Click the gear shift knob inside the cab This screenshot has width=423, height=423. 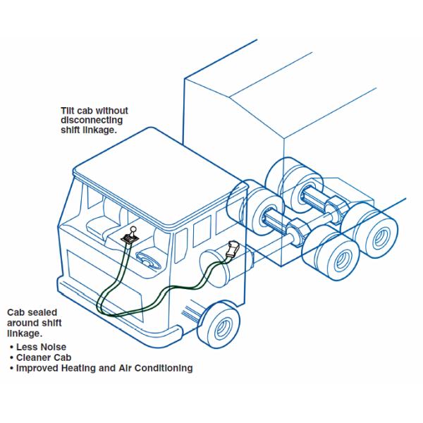[133, 229]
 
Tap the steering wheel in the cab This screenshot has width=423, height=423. [148, 259]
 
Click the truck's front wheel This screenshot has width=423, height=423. [219, 325]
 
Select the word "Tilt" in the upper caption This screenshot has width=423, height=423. [68, 111]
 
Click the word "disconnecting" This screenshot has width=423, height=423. [92, 121]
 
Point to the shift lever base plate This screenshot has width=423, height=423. [130, 238]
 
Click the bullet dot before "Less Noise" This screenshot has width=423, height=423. [11, 347]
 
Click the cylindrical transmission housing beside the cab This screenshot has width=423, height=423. [226, 266]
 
